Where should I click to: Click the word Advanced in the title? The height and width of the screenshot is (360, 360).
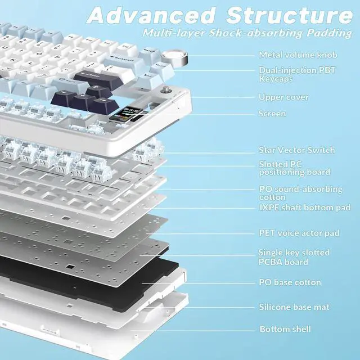(151, 15)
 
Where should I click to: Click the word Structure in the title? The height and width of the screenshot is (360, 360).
(286, 15)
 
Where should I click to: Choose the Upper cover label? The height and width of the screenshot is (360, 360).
(283, 97)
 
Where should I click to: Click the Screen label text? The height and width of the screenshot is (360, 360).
(272, 114)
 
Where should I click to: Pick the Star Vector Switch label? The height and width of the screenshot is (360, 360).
(296, 150)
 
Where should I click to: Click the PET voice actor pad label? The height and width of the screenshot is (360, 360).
(299, 233)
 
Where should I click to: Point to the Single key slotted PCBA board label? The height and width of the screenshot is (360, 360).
(294, 258)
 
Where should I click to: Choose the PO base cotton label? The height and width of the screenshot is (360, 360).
(290, 282)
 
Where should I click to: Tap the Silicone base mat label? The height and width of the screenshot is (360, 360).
(294, 307)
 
